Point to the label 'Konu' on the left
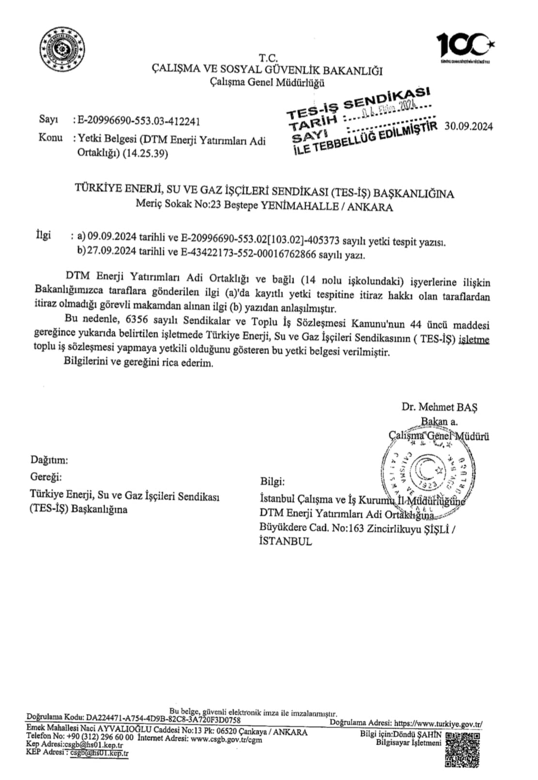click(x=50, y=138)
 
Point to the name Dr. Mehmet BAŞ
click(x=439, y=407)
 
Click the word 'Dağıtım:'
click(x=49, y=460)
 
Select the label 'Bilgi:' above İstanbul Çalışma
click(x=272, y=482)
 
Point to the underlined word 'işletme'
click(x=474, y=339)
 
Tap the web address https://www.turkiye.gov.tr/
click(x=438, y=724)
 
